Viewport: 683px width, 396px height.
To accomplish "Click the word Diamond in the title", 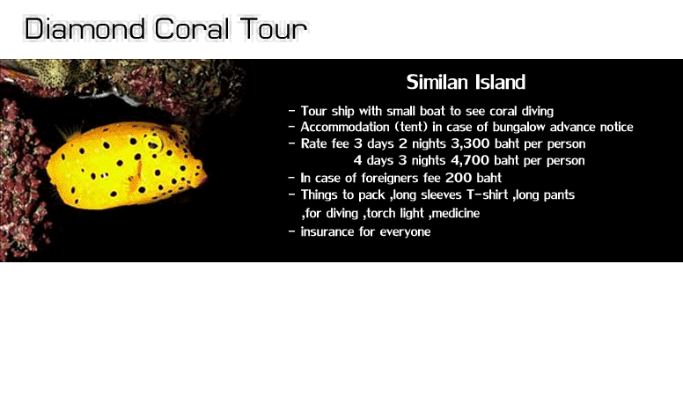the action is tap(84, 29).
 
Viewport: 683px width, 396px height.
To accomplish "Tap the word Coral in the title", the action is tap(192, 29).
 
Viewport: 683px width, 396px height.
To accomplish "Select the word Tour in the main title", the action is tap(274, 29).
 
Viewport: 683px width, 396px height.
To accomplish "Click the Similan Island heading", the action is tap(466, 82).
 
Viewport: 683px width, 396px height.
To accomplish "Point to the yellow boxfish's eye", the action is tap(154, 144).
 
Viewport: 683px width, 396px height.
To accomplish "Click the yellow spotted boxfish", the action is tap(127, 165).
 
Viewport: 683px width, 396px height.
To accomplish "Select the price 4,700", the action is tap(470, 160).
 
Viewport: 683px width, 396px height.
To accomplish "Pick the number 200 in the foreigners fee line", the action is tap(459, 178).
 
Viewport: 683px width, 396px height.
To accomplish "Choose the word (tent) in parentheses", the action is tap(411, 127).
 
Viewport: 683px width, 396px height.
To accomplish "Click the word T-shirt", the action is tap(487, 194).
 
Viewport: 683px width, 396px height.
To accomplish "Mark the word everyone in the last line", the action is tap(405, 231).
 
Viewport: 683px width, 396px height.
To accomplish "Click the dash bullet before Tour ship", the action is tap(292, 111).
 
